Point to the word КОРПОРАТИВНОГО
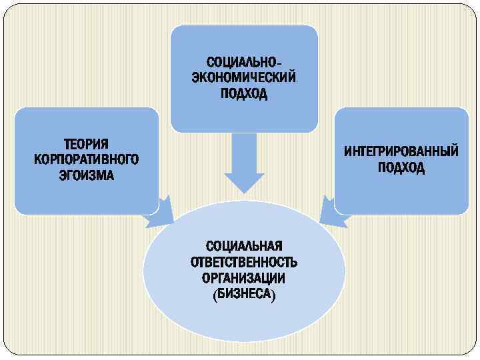[x=86, y=160]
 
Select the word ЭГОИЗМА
[x=86, y=175]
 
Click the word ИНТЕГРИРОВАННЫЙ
[x=401, y=152]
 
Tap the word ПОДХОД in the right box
[x=401, y=167]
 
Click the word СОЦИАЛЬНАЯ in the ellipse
[x=244, y=245]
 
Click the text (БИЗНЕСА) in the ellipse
[x=244, y=293]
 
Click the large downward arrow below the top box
[x=244, y=163]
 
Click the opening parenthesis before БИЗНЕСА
[x=215, y=294]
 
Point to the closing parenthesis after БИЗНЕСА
[x=273, y=294]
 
